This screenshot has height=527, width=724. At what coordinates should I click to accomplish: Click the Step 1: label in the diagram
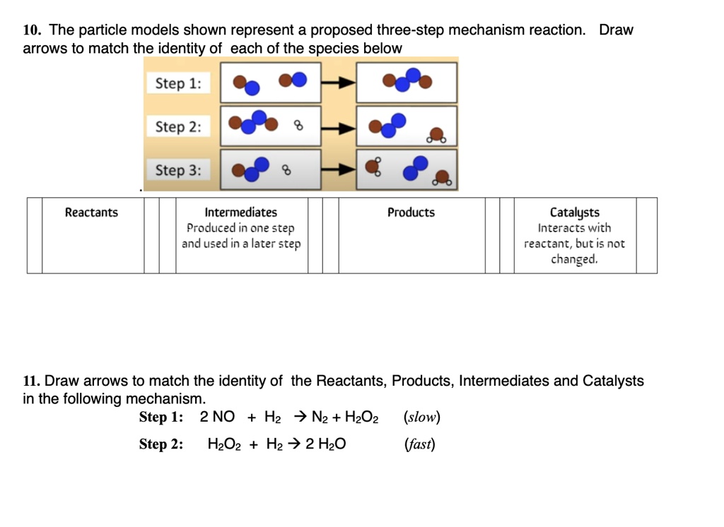(x=178, y=83)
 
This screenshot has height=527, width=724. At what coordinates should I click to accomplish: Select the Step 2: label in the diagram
(x=178, y=127)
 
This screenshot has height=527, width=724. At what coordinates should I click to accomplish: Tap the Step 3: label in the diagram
(x=178, y=170)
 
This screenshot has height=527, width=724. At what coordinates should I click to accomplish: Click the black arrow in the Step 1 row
(x=339, y=83)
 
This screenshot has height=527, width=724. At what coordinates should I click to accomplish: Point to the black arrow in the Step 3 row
(x=339, y=170)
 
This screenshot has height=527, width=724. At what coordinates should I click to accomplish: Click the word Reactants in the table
(x=92, y=213)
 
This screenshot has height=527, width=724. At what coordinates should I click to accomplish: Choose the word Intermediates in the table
(x=241, y=213)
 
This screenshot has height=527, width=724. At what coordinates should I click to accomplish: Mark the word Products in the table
(x=411, y=213)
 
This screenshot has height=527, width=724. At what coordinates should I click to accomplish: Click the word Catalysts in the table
(x=574, y=213)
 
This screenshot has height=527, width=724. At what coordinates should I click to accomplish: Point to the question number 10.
(x=30, y=30)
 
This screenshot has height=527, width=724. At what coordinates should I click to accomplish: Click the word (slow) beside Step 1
(x=421, y=417)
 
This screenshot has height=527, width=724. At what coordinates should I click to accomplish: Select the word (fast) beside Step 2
(x=419, y=444)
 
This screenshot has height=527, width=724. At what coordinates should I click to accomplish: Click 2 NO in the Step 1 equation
(x=218, y=417)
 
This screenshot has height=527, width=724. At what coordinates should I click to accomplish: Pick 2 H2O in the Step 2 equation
(x=326, y=444)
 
